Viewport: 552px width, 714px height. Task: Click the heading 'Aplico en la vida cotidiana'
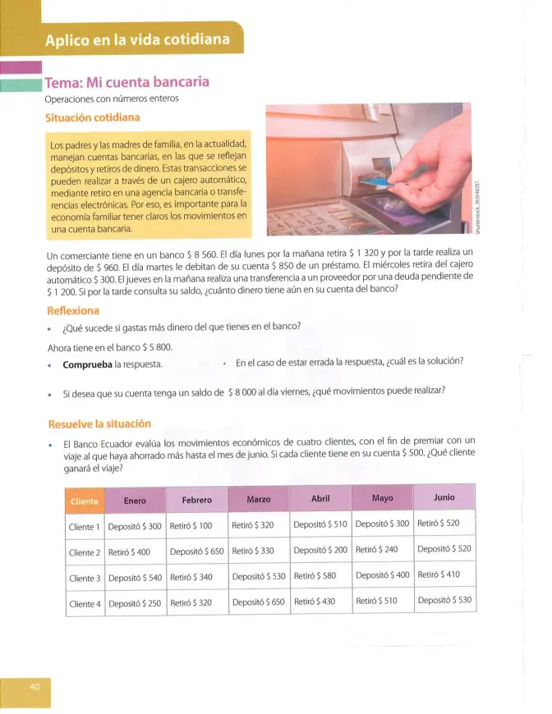click(137, 39)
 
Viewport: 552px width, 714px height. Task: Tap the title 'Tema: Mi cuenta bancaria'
click(126, 82)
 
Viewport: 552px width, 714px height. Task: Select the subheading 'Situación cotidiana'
click(93, 117)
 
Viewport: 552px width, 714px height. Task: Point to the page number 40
click(34, 686)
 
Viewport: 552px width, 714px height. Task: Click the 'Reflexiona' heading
click(73, 311)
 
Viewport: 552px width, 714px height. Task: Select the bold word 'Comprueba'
click(88, 364)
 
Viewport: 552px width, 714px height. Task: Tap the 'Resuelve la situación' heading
click(99, 424)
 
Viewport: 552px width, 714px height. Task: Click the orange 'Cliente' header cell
click(85, 501)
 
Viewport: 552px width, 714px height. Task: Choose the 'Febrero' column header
click(197, 500)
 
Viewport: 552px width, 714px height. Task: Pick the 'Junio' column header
click(444, 497)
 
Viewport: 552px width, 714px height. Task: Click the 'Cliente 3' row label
click(85, 579)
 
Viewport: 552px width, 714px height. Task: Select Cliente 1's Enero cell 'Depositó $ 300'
click(135, 526)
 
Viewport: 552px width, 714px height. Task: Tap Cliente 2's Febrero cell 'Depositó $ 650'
click(197, 552)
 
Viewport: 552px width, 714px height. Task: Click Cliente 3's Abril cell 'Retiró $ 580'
click(315, 576)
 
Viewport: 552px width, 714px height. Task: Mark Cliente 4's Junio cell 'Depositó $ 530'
click(445, 600)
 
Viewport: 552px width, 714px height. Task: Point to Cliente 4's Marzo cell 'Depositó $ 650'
click(259, 602)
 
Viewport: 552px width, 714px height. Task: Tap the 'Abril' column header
click(320, 499)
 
